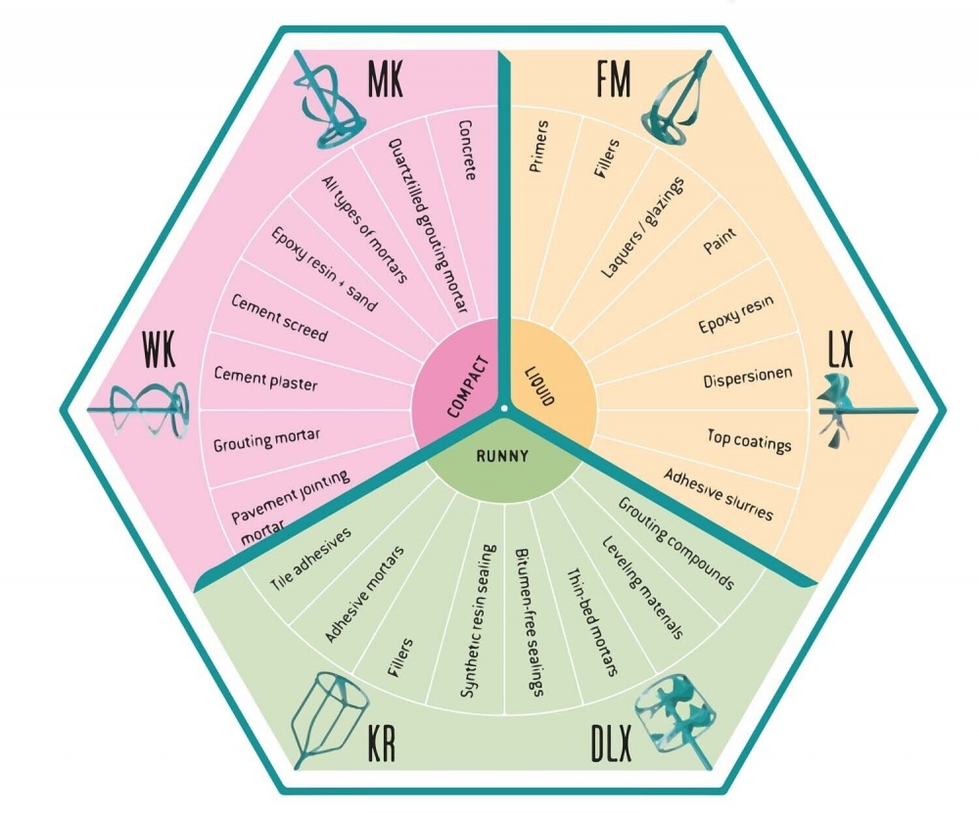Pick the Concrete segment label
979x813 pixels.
[x=467, y=150]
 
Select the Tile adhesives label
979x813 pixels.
[x=311, y=561]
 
